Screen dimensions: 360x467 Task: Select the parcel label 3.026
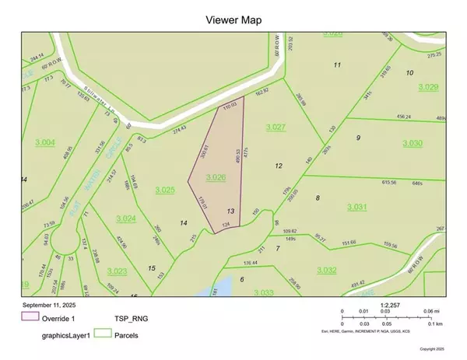click(216, 178)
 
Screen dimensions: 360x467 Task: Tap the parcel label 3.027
click(276, 126)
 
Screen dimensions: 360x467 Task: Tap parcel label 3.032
click(327, 269)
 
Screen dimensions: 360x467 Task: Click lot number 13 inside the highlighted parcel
click(230, 211)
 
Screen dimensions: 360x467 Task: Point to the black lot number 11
click(337, 65)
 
